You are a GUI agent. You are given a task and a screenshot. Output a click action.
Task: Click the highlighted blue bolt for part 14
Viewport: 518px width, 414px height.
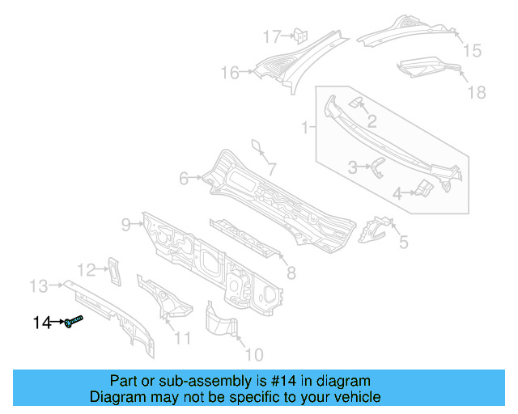pyautogui.click(x=74, y=322)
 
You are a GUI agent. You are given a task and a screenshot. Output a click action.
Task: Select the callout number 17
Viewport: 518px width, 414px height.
pyautogui.click(x=270, y=36)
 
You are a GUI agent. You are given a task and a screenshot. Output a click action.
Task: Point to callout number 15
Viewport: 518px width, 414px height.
pyautogui.click(x=471, y=51)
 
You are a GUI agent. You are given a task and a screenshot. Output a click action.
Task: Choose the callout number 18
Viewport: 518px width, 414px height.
pyautogui.click(x=477, y=92)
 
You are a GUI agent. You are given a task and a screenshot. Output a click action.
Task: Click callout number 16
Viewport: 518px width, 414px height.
pyautogui.click(x=230, y=74)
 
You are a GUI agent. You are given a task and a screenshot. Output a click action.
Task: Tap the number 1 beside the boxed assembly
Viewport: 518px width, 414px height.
pyautogui.click(x=305, y=127)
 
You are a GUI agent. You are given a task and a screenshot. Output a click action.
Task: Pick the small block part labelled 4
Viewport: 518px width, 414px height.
pyautogui.click(x=424, y=189)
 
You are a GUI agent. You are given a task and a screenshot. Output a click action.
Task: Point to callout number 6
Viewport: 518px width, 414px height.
pyautogui.click(x=184, y=178)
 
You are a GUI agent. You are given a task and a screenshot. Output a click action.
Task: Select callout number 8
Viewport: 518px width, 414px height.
pyautogui.click(x=291, y=273)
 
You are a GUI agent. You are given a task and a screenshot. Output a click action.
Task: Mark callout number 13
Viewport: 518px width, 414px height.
pyautogui.click(x=39, y=285)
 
